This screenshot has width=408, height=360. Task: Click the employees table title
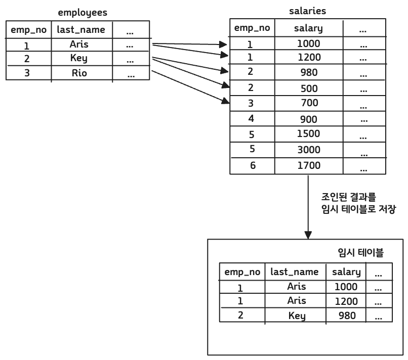pyautogui.click(x=83, y=12)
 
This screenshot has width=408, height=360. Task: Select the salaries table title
pyautogui.click(x=307, y=11)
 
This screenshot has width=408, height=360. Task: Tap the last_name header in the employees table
pyautogui.click(x=81, y=30)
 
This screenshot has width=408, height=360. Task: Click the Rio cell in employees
pyautogui.click(x=79, y=73)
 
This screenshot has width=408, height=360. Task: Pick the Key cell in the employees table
pyautogui.click(x=79, y=58)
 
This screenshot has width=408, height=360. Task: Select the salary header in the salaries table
pyautogui.click(x=308, y=28)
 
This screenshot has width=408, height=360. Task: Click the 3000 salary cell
pyautogui.click(x=308, y=150)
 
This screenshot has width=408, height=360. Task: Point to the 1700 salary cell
pyautogui.click(x=308, y=165)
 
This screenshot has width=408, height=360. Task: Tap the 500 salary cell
pyautogui.click(x=309, y=88)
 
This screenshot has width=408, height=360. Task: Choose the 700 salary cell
pyautogui.click(x=309, y=103)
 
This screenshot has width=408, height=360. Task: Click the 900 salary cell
pyautogui.click(x=309, y=119)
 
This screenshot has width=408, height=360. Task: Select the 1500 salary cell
pyautogui.click(x=308, y=134)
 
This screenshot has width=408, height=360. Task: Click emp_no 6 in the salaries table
pyautogui.click(x=253, y=165)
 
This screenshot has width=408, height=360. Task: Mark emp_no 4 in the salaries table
pyautogui.click(x=252, y=119)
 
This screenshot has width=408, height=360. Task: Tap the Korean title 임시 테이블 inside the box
pyautogui.click(x=360, y=252)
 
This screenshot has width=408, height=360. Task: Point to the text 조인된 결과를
pyautogui.click(x=349, y=196)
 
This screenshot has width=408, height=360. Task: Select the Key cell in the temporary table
pyautogui.click(x=297, y=316)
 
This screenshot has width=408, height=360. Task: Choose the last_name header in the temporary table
pyautogui.click(x=295, y=272)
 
